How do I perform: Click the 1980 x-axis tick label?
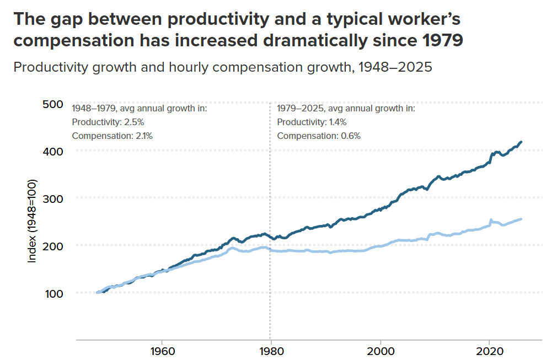[x=270, y=351]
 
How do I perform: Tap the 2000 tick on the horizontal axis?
[x=380, y=351]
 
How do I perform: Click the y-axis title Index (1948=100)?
[x=32, y=221]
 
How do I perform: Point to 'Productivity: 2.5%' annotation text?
[x=108, y=122]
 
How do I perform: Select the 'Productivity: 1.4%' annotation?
[x=312, y=122]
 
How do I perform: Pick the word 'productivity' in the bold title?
[x=221, y=20]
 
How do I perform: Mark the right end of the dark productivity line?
[x=522, y=142]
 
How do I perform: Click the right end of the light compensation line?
[x=522, y=219]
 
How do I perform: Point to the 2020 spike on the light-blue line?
[x=491, y=219]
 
